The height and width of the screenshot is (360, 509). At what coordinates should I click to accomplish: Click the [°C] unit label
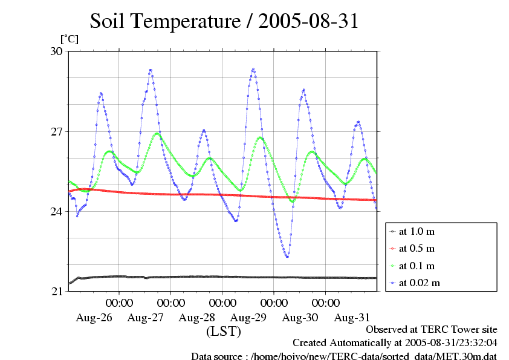pos(68,39)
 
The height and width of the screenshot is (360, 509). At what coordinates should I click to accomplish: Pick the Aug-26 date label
pos(94,317)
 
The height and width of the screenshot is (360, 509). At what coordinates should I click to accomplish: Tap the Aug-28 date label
pos(197,317)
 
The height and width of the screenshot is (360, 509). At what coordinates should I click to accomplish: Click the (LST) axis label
pos(224,332)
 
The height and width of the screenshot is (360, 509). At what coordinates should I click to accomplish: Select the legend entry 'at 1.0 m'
pos(417,232)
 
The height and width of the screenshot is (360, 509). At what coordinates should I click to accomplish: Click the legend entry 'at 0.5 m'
pos(417,249)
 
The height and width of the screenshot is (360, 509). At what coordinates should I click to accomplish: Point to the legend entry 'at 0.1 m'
pos(417,266)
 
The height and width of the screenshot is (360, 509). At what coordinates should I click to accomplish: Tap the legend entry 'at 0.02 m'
pos(419,283)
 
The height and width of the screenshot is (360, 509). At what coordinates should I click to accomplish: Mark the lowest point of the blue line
pos(287,257)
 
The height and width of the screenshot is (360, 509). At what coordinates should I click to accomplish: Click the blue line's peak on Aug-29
pos(253,69)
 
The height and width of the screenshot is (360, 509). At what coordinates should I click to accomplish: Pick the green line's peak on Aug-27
pos(157,134)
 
